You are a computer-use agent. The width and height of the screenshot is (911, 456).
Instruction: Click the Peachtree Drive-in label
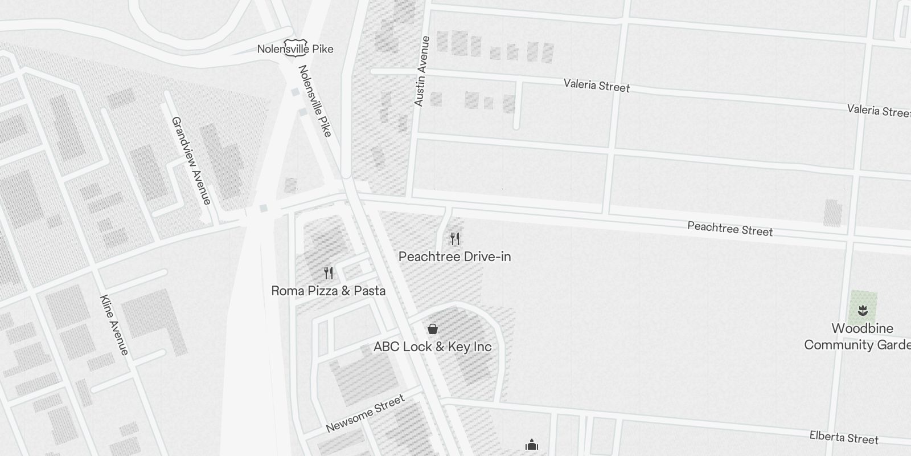click(x=454, y=256)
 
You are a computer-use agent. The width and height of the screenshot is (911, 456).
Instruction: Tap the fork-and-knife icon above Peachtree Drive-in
click(x=454, y=238)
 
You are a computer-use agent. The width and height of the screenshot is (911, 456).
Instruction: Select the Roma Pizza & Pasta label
click(x=328, y=291)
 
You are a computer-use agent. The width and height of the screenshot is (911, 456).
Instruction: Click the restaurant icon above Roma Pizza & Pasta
click(x=328, y=272)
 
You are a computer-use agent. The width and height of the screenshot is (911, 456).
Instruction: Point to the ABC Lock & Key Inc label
click(x=432, y=347)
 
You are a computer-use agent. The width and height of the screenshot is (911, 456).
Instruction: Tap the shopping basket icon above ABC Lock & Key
click(x=432, y=328)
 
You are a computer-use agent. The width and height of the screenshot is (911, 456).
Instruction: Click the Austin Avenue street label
click(x=422, y=71)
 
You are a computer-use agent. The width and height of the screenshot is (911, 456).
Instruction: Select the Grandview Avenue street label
click(x=191, y=160)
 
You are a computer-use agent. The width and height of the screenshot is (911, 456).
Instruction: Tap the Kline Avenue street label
click(x=114, y=325)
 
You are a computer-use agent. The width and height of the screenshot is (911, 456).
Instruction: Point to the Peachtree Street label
click(x=730, y=229)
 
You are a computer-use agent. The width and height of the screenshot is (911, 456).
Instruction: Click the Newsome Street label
click(x=365, y=413)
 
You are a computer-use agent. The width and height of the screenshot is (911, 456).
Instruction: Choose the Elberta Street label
click(x=844, y=437)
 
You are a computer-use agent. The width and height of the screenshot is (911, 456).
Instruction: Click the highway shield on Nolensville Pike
click(x=296, y=47)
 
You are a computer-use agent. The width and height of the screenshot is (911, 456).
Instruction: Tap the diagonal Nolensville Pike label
click(x=314, y=101)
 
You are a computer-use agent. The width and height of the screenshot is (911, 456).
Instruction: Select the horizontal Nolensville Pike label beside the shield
click(x=295, y=49)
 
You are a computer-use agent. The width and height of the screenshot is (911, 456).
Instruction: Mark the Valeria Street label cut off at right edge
click(x=878, y=110)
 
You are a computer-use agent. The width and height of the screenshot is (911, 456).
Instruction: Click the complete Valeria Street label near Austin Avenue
click(x=597, y=85)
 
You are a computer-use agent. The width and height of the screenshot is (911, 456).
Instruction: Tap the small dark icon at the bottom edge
click(x=532, y=445)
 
